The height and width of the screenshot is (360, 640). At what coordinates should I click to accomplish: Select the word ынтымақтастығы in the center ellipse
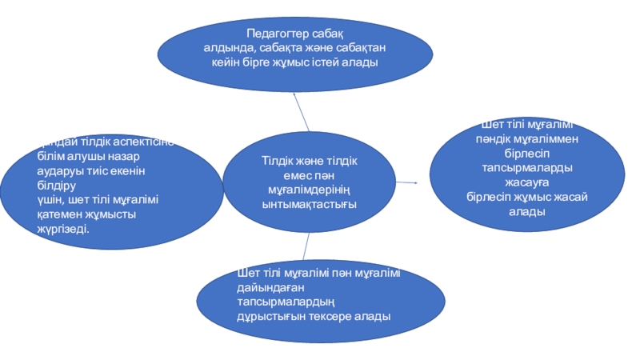click(x=310, y=204)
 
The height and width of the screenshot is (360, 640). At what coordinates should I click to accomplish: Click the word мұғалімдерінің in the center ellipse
click(x=310, y=190)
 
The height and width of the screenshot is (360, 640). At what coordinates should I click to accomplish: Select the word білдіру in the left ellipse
click(x=57, y=186)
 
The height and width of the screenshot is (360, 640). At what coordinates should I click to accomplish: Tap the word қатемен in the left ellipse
click(x=62, y=214)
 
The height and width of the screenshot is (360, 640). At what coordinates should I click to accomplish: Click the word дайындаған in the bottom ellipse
click(x=268, y=287)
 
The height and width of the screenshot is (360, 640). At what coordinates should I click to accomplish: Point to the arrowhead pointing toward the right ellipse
click(x=415, y=182)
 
